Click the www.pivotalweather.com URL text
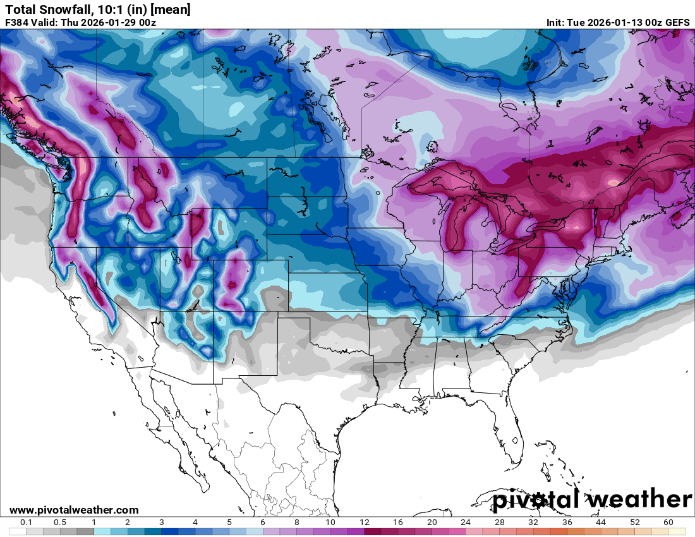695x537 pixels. point(74,510)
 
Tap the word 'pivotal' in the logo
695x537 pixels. point(536,500)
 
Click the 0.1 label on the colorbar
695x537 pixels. point(27,522)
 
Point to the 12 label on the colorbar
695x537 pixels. point(365,522)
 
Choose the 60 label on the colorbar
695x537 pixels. point(668,522)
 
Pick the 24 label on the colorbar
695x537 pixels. point(466,522)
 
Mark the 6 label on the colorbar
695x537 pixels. point(263,522)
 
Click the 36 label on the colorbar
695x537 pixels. point(567,522)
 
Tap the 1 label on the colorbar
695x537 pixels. point(94,522)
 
